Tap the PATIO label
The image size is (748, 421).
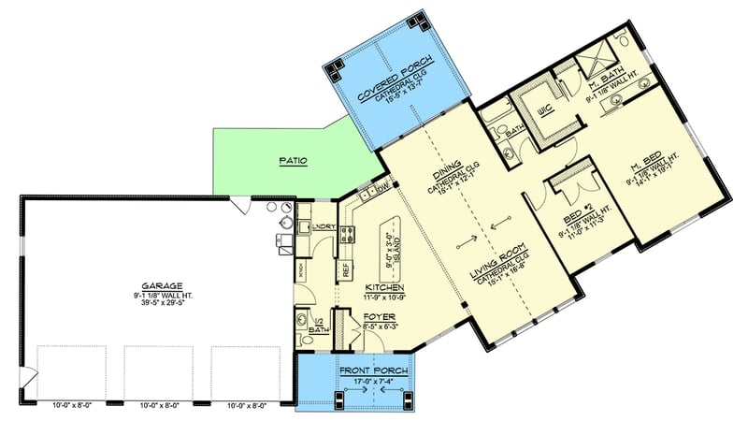294,161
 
